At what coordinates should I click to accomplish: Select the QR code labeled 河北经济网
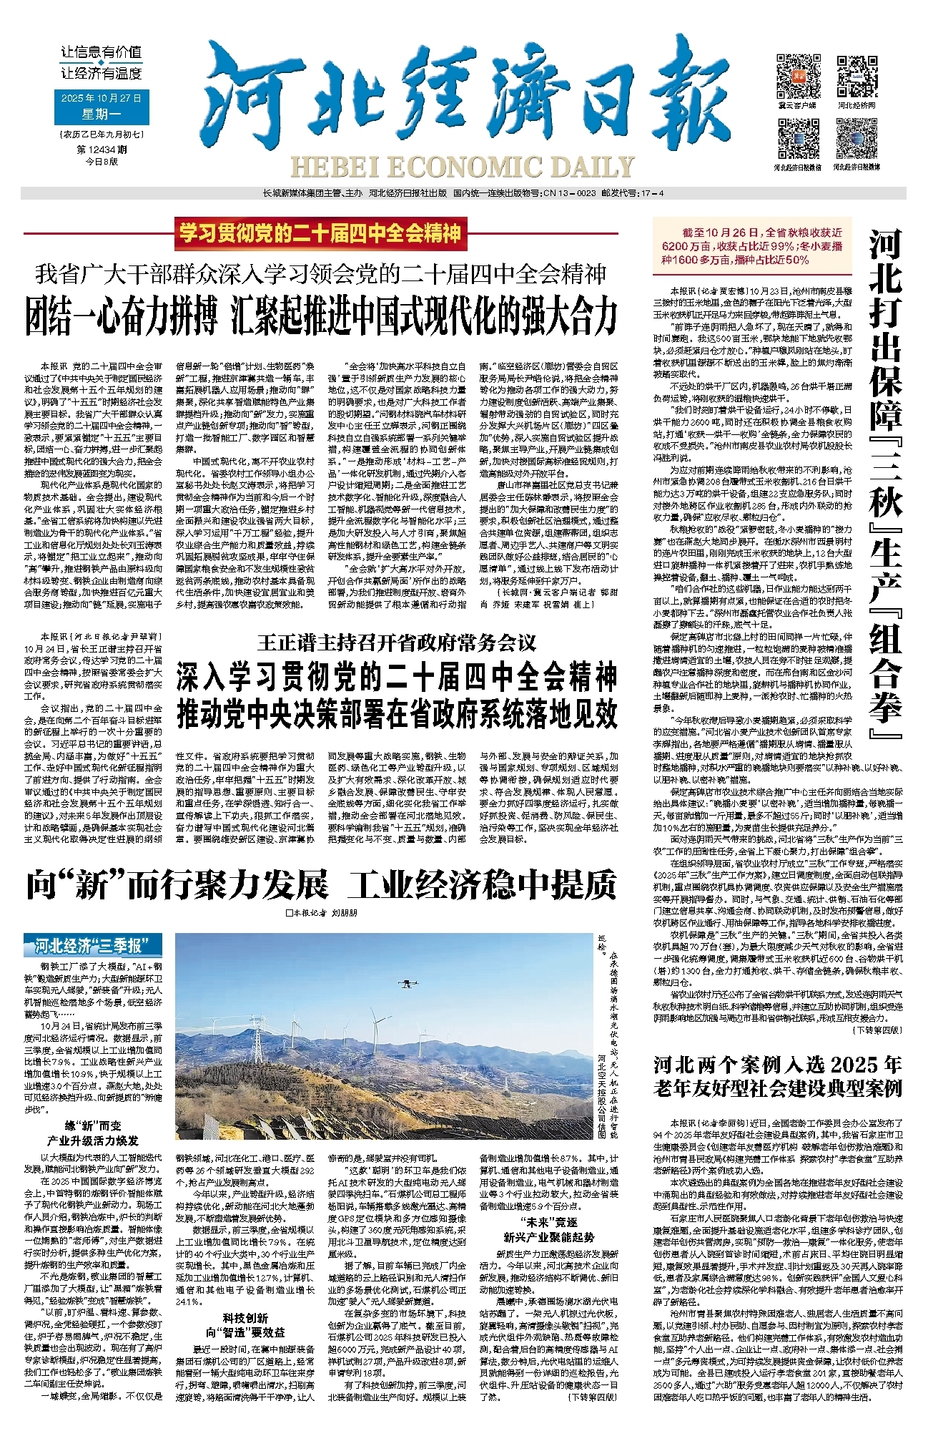point(857,76)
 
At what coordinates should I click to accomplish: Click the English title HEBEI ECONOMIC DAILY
point(462,167)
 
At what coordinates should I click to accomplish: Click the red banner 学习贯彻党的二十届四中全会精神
point(320,233)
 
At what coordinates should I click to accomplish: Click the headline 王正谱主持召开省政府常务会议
point(396,642)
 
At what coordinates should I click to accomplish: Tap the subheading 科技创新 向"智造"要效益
point(245,1325)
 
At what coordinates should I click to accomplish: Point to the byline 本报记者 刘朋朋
point(321,913)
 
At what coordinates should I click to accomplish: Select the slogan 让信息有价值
point(102,52)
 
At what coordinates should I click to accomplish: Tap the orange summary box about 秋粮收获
point(752,246)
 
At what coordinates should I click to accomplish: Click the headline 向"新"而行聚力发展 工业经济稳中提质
point(321,884)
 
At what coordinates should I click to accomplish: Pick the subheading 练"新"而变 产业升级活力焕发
point(93,1133)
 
